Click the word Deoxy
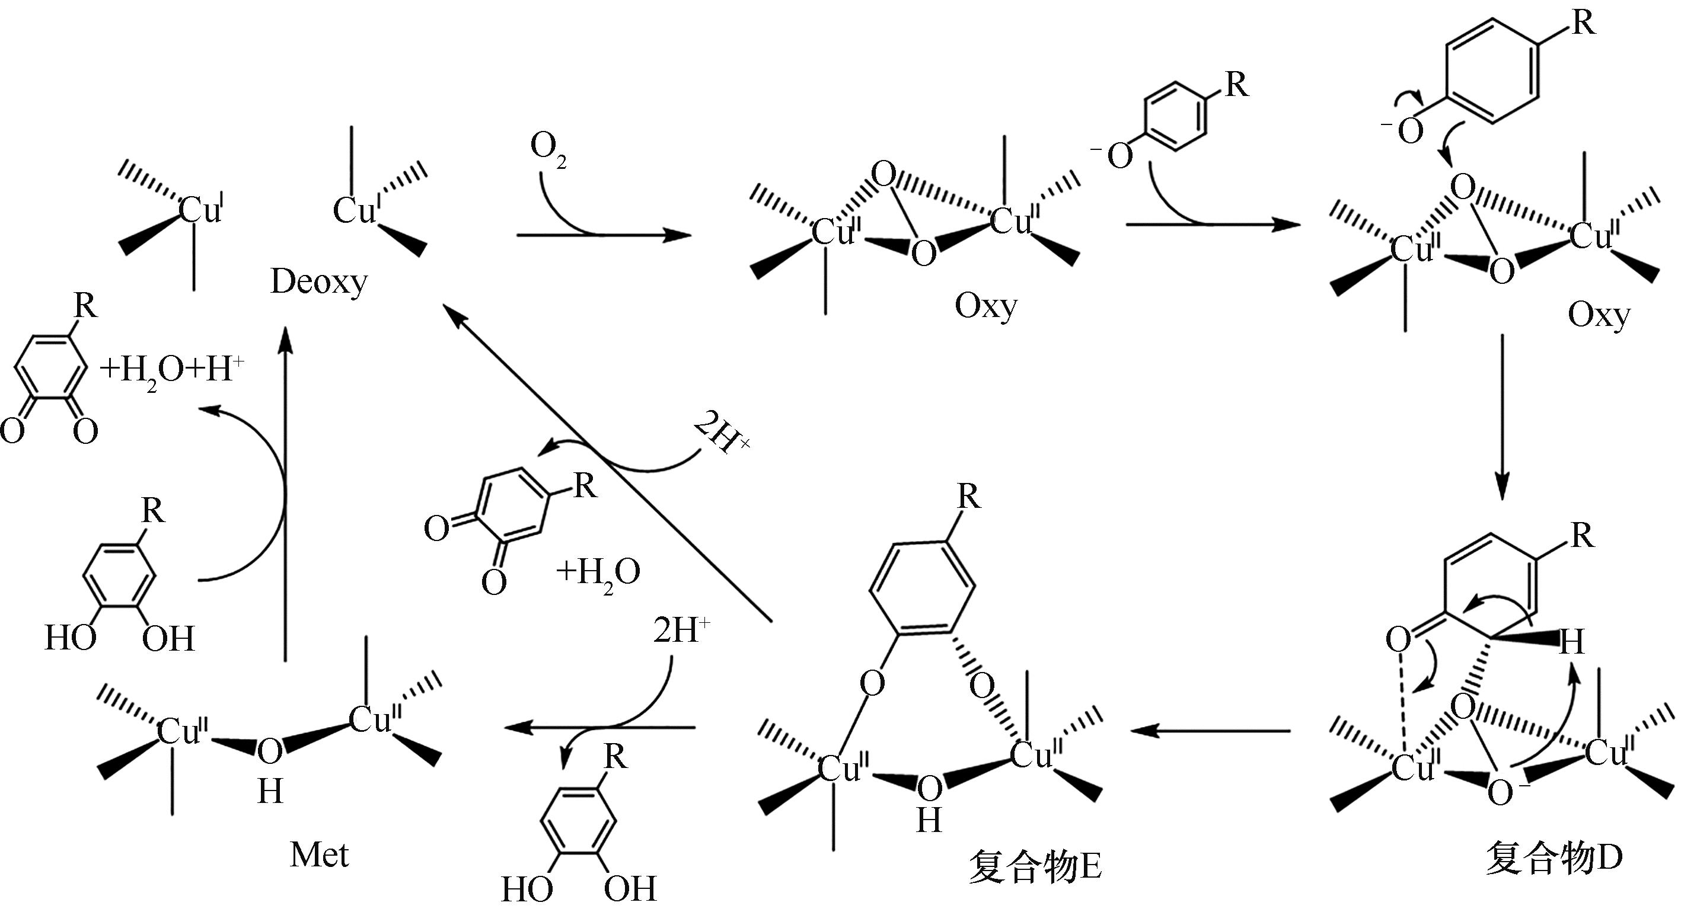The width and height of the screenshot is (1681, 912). click(318, 283)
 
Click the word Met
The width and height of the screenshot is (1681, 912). click(319, 855)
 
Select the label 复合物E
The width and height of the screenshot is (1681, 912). click(1035, 866)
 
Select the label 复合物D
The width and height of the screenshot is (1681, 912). click(1554, 858)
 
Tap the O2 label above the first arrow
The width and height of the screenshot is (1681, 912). click(548, 150)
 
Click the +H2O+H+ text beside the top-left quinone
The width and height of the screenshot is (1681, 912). click(171, 371)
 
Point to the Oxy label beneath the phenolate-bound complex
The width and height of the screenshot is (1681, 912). click(1599, 316)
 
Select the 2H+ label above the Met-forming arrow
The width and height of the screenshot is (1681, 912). click(681, 630)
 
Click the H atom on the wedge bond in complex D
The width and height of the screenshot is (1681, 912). click(1571, 642)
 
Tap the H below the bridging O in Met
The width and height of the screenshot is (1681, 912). click(270, 792)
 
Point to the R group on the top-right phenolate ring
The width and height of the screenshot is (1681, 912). click(1584, 24)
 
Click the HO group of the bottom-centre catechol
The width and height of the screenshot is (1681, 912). click(527, 888)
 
